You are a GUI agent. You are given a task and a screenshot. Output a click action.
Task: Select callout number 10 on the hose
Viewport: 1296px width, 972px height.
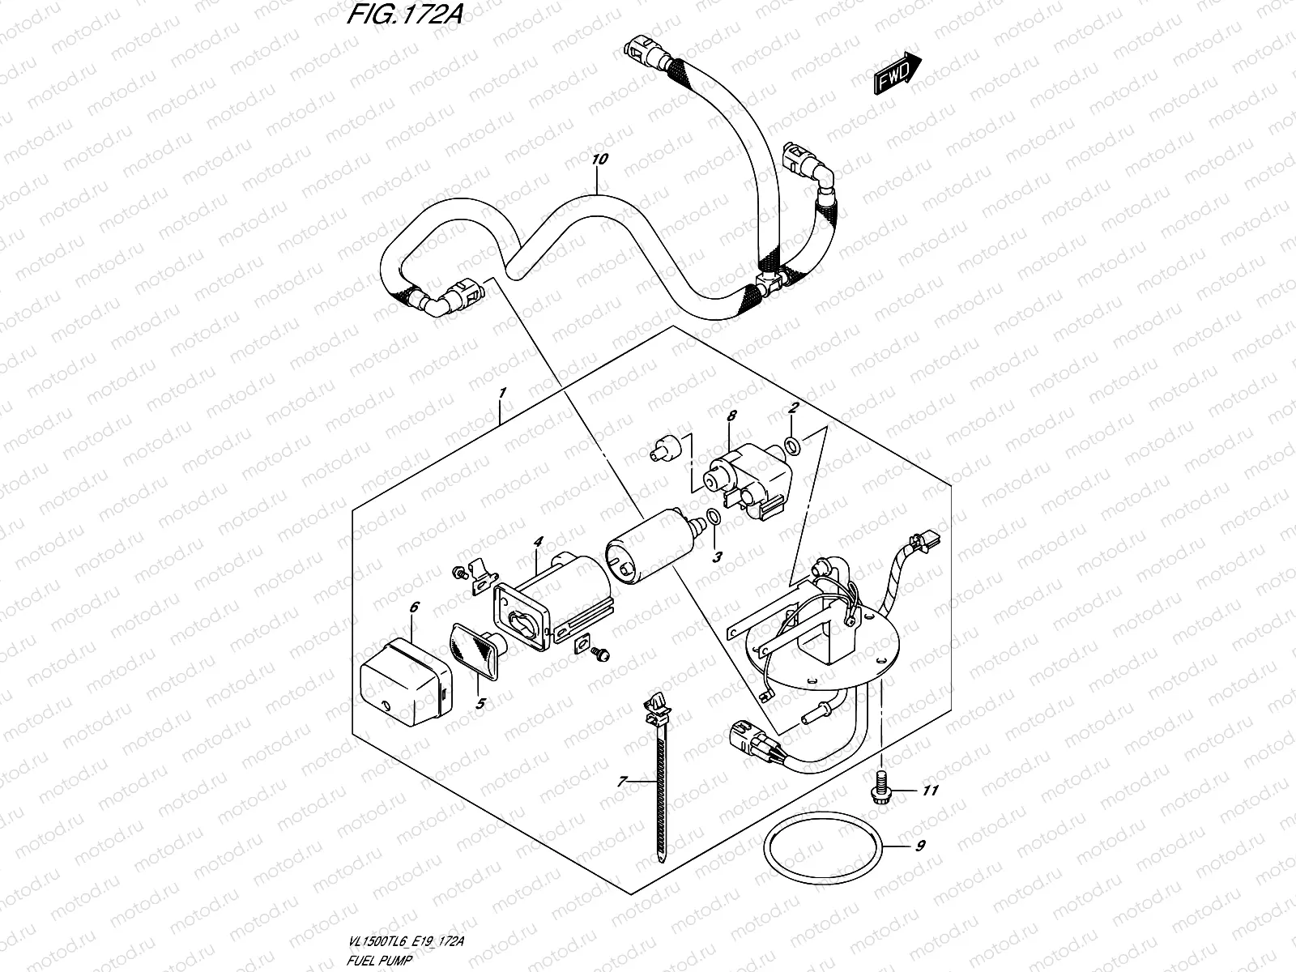[599, 160]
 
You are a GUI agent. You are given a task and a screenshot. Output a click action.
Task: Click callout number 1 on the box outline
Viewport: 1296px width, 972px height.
[503, 393]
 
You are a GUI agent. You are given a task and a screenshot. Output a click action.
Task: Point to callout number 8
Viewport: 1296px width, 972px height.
[731, 416]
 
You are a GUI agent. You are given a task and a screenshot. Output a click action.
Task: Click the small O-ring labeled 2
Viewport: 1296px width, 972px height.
[794, 443]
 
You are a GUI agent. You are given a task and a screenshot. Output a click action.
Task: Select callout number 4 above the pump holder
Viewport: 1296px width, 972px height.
[536, 541]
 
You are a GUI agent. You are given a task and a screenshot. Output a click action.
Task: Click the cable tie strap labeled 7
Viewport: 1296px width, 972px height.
[660, 778]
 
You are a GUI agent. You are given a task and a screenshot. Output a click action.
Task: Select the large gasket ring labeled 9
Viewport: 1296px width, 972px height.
[821, 853]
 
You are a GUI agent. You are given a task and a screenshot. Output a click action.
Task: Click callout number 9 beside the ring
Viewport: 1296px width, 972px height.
[920, 847]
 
